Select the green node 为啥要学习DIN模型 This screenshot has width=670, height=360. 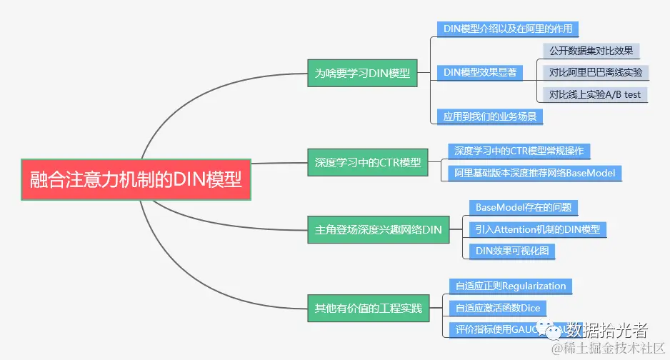[363, 73]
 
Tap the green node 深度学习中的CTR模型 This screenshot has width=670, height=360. [368, 162]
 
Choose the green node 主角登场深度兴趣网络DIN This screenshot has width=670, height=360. [379, 230]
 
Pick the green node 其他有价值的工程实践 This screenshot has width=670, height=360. [369, 309]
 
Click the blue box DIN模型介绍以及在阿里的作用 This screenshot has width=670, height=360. [506, 29]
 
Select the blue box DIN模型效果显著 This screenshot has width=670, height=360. [480, 72]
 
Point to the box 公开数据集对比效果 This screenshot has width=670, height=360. [591, 51]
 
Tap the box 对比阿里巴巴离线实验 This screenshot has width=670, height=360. [595, 72]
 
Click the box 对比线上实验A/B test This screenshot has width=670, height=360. [595, 94]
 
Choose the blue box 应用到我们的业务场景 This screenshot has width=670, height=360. [490, 115]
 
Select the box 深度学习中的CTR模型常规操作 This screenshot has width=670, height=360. [519, 151]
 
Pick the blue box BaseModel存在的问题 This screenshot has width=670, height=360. [523, 208]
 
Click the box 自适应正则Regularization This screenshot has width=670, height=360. [511, 286]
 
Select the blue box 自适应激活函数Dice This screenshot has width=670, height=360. [498, 309]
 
